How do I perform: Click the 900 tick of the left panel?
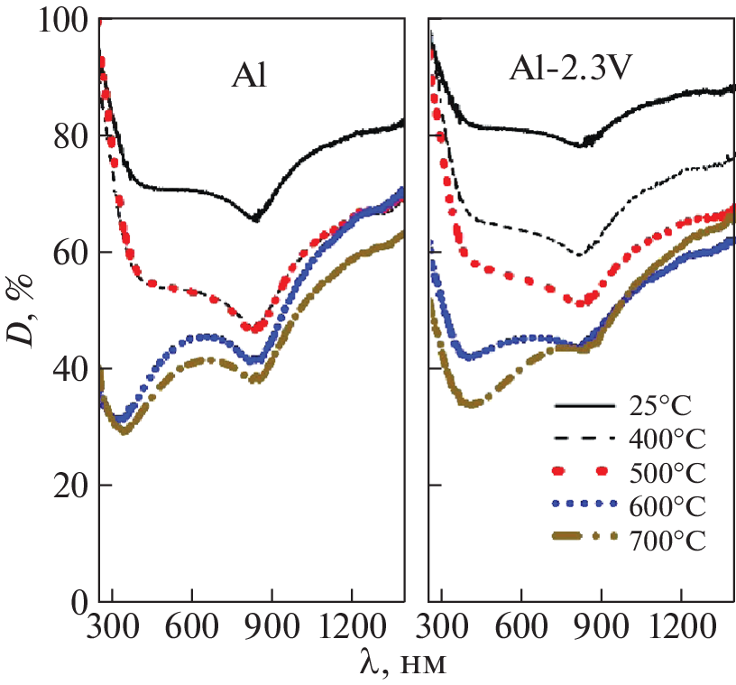point(271,626)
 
